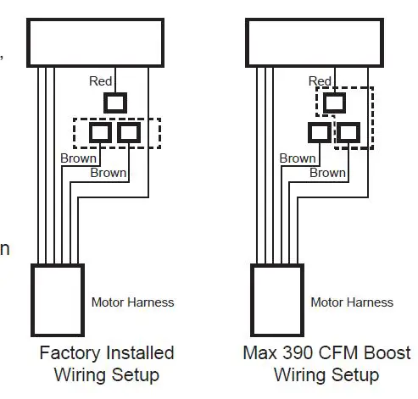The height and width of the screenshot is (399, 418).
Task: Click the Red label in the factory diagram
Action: coord(101,80)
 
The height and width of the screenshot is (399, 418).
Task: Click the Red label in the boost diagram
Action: coord(320,81)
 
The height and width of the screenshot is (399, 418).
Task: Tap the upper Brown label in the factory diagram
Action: coord(78,158)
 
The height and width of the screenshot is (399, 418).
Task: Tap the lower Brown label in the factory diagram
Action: coord(108,173)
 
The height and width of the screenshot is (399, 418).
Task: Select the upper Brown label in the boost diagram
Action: coord(298,158)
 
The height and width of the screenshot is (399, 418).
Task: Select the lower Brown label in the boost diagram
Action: coord(327,173)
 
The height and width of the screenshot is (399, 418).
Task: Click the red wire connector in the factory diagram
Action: coord(114,103)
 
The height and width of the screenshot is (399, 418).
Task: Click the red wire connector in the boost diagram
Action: coord(335,103)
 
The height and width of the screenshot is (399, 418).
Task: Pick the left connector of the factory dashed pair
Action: coord(100,132)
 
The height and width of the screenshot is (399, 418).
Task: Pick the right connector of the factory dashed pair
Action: coord(129,132)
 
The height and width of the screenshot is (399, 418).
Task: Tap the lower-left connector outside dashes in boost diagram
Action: coord(320,132)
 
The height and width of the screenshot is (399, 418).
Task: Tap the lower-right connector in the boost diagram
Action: coord(348,132)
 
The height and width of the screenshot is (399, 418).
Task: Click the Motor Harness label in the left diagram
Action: coord(132,302)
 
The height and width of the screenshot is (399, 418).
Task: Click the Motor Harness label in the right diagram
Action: coord(352,302)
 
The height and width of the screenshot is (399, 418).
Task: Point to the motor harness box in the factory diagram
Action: coord(58,300)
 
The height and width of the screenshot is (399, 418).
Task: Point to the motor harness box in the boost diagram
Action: coord(277,300)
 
